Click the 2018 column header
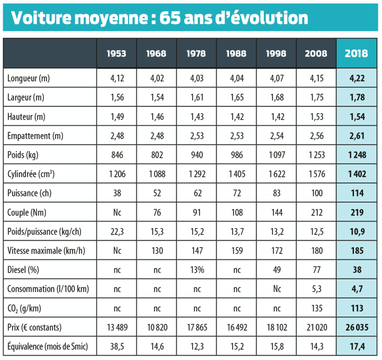pos(356,54)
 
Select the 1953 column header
pos(116,54)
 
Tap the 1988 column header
pos(236,54)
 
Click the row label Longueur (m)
pos(28,78)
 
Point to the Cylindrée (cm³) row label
pos(31,174)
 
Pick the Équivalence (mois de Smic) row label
pos(48,347)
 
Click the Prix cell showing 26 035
pos(356,327)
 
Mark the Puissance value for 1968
pos(156,193)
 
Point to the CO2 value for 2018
pos(356,308)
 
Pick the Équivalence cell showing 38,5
pos(116,347)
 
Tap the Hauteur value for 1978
pos(196,117)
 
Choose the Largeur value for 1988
pos(236,98)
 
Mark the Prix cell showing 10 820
pos(156,327)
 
